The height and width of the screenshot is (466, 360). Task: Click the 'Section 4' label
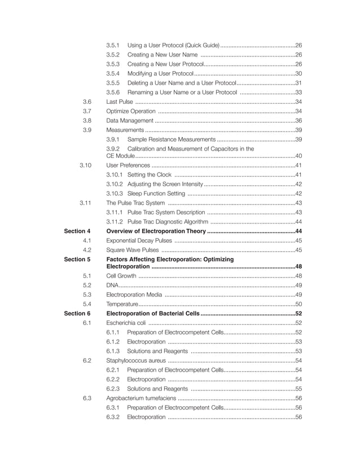click(x=77, y=231)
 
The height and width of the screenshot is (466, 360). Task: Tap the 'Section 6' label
click(x=77, y=313)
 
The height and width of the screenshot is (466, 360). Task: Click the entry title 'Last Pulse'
click(x=120, y=102)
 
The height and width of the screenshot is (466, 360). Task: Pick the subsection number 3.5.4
click(x=113, y=73)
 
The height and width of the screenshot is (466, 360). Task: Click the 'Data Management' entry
click(x=130, y=120)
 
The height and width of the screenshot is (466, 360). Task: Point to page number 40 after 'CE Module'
click(x=299, y=156)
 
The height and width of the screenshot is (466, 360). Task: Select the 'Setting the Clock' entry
click(x=149, y=175)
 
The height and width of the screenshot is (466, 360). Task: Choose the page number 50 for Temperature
click(x=299, y=304)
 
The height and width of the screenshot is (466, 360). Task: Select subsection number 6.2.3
click(x=113, y=389)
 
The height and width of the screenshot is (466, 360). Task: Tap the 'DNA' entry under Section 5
click(x=112, y=285)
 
